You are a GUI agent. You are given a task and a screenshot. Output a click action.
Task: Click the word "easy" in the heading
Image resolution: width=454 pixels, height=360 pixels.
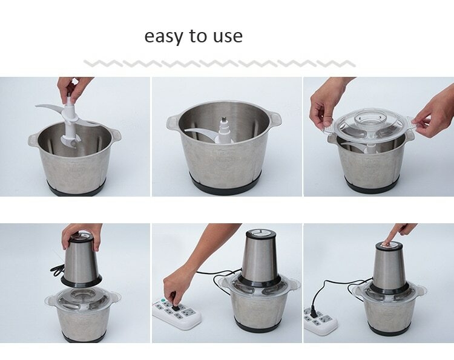163,37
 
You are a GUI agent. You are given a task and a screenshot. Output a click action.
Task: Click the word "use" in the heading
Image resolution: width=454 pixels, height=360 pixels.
228,37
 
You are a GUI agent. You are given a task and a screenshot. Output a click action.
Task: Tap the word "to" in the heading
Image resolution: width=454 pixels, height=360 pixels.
198,36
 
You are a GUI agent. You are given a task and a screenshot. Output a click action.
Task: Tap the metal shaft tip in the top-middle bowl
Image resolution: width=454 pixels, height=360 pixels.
223,120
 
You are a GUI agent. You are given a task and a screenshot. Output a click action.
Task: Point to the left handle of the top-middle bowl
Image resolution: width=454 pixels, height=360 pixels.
173,122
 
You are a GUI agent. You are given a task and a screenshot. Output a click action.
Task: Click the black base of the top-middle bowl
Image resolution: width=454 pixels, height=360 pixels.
226,185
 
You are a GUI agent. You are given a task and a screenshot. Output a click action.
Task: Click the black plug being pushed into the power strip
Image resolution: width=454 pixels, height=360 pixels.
174,303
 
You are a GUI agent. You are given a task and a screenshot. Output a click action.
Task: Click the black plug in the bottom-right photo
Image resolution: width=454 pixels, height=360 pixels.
314,311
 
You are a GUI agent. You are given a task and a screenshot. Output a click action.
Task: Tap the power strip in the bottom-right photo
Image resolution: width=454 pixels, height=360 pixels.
320,321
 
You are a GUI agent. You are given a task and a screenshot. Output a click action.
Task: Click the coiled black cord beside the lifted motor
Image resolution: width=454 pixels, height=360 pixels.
58,270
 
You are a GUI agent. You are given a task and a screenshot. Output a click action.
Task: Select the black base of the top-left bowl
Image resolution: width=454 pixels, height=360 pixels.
76,188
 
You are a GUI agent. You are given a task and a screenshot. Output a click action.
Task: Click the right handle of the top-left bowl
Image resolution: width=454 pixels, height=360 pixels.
116,136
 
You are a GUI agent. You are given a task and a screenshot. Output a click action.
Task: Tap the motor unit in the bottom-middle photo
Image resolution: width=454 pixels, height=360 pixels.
260,258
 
